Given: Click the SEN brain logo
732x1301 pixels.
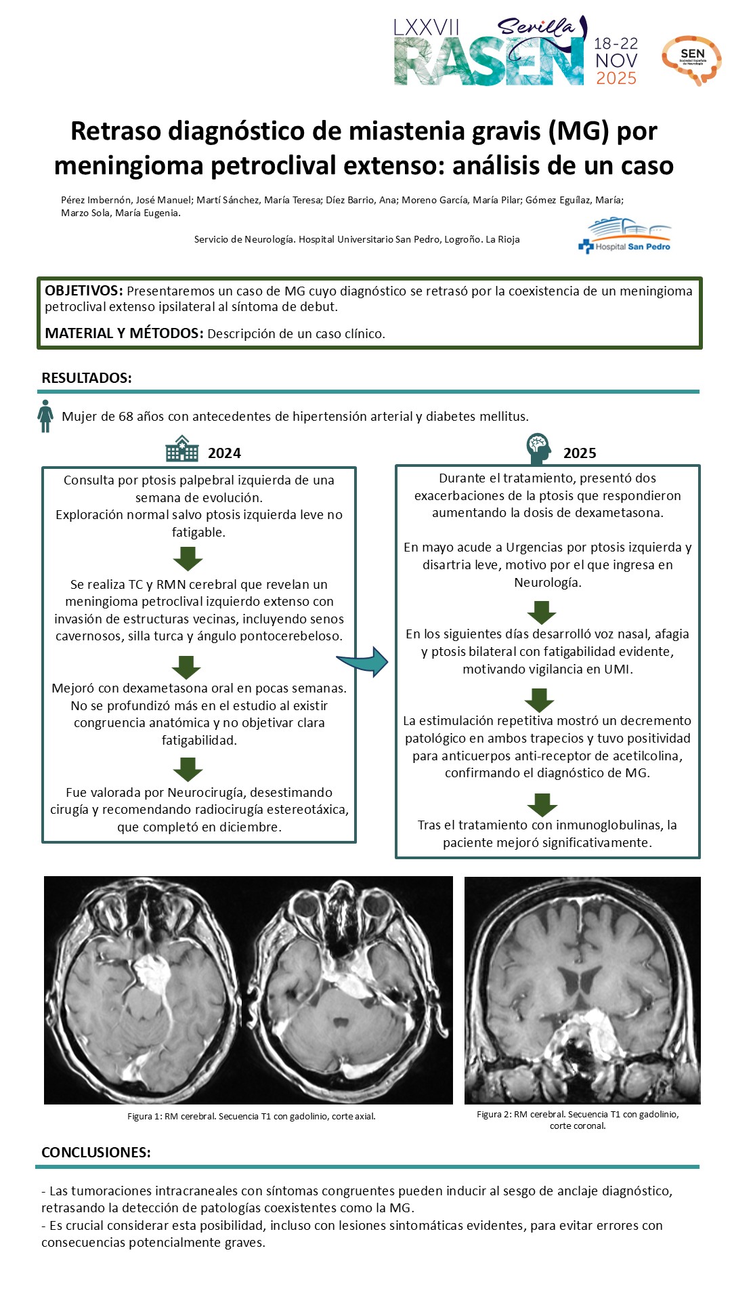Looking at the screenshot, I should [691, 60].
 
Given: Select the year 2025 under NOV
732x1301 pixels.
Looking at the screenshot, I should [616, 79].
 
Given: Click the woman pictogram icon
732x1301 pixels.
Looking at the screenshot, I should [45, 416].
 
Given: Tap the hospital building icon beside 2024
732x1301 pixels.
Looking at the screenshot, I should [182, 449].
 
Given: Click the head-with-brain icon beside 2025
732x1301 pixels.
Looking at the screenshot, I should [538, 448].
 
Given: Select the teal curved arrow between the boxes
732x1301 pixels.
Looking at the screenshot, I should [364, 661].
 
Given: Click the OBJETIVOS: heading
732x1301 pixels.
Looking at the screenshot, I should [83, 291].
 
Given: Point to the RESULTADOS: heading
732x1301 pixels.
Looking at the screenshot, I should [87, 378].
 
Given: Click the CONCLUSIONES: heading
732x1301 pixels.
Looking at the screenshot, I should [95, 1152].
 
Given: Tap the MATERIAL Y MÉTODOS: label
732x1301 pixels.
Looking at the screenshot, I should [124, 333].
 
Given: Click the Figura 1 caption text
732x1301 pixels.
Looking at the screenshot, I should [251, 1116].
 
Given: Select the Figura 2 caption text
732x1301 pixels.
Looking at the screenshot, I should [578, 1119].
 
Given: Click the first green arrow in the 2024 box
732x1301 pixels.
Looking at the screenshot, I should [188, 558].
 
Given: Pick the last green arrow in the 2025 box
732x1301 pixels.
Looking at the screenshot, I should [542, 804].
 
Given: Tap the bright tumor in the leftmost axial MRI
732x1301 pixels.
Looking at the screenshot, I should [155, 976].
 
